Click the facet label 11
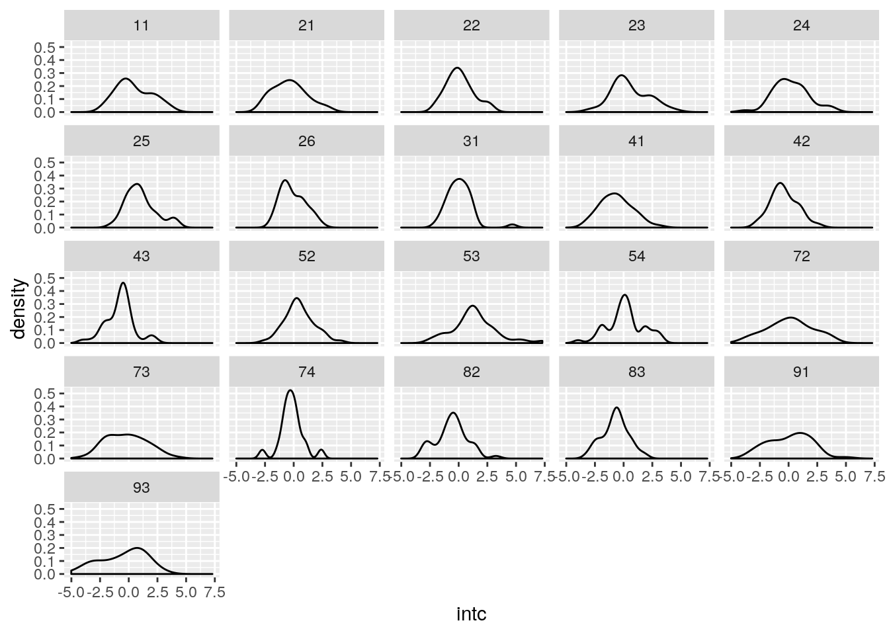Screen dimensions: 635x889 pos(142,26)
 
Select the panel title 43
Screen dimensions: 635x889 pos(142,257)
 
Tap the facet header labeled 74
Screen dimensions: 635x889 pos(306,372)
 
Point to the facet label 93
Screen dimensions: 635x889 pos(142,488)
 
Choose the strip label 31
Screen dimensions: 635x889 pos(471,142)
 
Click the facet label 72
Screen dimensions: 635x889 pos(801,257)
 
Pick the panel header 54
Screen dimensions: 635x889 pos(636,257)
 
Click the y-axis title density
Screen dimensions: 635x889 pos(19,309)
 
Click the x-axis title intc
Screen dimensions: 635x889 pos(472,614)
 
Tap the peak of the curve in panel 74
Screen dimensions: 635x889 pos(290,390)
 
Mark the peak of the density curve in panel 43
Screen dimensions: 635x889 pos(123,283)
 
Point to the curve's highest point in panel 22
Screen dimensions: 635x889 pos(457,67)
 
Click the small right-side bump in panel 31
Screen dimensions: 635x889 pos(512,225)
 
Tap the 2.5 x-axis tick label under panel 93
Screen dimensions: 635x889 pos(157,593)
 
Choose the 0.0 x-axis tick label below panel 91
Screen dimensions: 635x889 pos(788,477)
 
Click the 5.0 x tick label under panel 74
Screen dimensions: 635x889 pos(351,477)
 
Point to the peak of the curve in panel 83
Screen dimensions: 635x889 pos(616,407)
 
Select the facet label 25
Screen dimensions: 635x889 pos(142,142)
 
